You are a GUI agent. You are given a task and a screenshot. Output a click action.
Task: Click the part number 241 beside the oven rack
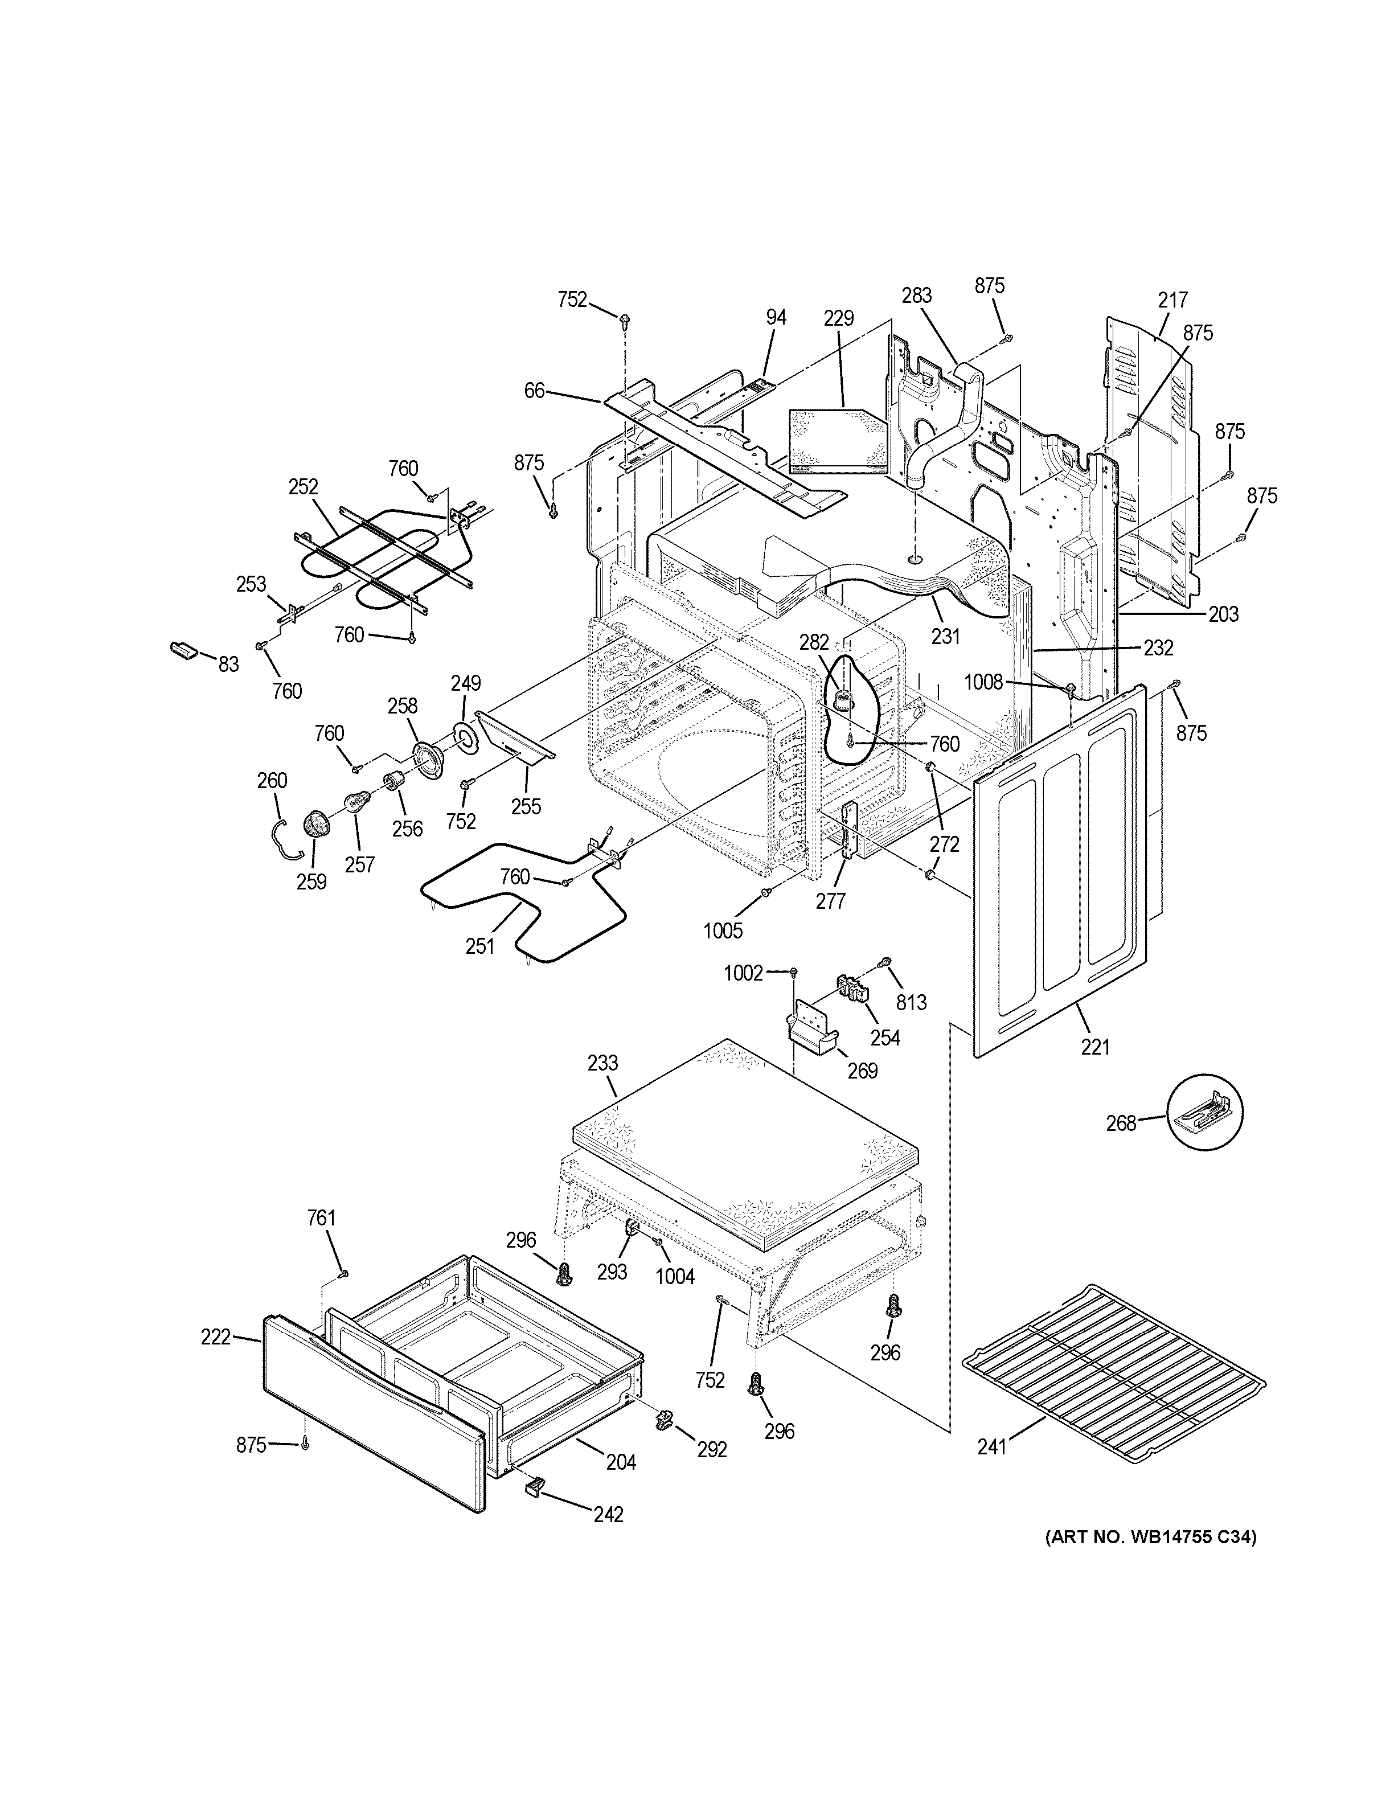pos(992,1470)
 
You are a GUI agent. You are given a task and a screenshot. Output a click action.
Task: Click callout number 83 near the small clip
pos(228,663)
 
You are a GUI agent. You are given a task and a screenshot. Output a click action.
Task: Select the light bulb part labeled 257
pos(355,801)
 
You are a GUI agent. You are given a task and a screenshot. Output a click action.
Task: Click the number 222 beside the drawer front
pos(216,1336)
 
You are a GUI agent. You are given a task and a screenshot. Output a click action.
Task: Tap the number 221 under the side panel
pos(1095,1047)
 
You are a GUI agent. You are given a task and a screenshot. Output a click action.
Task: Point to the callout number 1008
pos(983,682)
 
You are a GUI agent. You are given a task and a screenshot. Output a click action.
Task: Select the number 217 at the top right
pos(1172,300)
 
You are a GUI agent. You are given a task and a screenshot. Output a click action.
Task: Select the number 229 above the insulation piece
pos(838,318)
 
